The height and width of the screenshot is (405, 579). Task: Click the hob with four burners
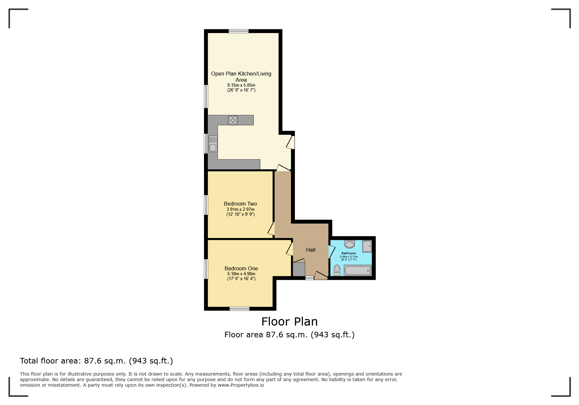pos(233,120)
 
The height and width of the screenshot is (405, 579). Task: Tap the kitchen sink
pos(213,144)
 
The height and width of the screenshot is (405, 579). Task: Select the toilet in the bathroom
pos(337,270)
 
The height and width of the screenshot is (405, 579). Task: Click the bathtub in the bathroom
pos(358,271)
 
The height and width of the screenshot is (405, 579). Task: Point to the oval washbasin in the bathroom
pos(349,244)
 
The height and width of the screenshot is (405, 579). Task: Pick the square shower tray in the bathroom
pos(367,246)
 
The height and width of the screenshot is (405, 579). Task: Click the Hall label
pos(310,250)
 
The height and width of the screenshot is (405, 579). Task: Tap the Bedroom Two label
pos(240,204)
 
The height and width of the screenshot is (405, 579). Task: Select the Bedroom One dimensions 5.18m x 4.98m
pos(241,274)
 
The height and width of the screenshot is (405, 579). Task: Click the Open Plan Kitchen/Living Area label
pos(241,76)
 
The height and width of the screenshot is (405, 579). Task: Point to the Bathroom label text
pos(349,253)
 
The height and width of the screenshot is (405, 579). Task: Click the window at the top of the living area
pos(238,31)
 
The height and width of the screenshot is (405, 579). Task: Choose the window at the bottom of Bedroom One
pos(239,309)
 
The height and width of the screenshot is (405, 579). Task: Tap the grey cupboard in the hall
pos(298,270)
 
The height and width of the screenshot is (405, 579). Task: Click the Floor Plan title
pos(289,322)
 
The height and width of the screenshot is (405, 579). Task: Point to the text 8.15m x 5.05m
pos(241,85)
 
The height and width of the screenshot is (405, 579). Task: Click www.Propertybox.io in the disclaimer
pos(241,385)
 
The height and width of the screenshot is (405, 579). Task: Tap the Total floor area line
pos(96,361)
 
